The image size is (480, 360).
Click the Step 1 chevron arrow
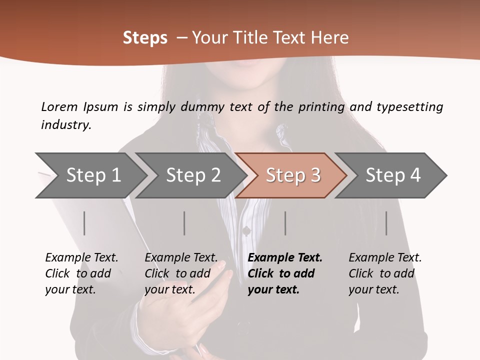(x=92, y=175)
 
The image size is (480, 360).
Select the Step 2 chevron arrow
(x=192, y=175)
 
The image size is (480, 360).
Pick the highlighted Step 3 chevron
(x=292, y=175)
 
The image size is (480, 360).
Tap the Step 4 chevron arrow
(x=392, y=175)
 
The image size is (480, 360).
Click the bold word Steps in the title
(x=145, y=38)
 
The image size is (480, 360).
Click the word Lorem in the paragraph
(x=59, y=106)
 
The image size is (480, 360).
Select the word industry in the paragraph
(x=66, y=124)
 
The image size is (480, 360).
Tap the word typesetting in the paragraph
(x=409, y=106)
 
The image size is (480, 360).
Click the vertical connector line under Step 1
(x=84, y=223)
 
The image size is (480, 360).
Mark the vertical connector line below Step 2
(x=184, y=223)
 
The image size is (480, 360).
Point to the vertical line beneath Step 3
(x=285, y=223)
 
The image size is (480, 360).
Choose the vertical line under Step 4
(x=386, y=223)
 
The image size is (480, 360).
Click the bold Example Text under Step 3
(x=285, y=258)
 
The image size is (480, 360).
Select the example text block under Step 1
(x=81, y=273)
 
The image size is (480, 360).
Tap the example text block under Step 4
(x=384, y=273)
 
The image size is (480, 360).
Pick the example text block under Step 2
(x=180, y=273)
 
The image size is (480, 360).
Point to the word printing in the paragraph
(x=321, y=106)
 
